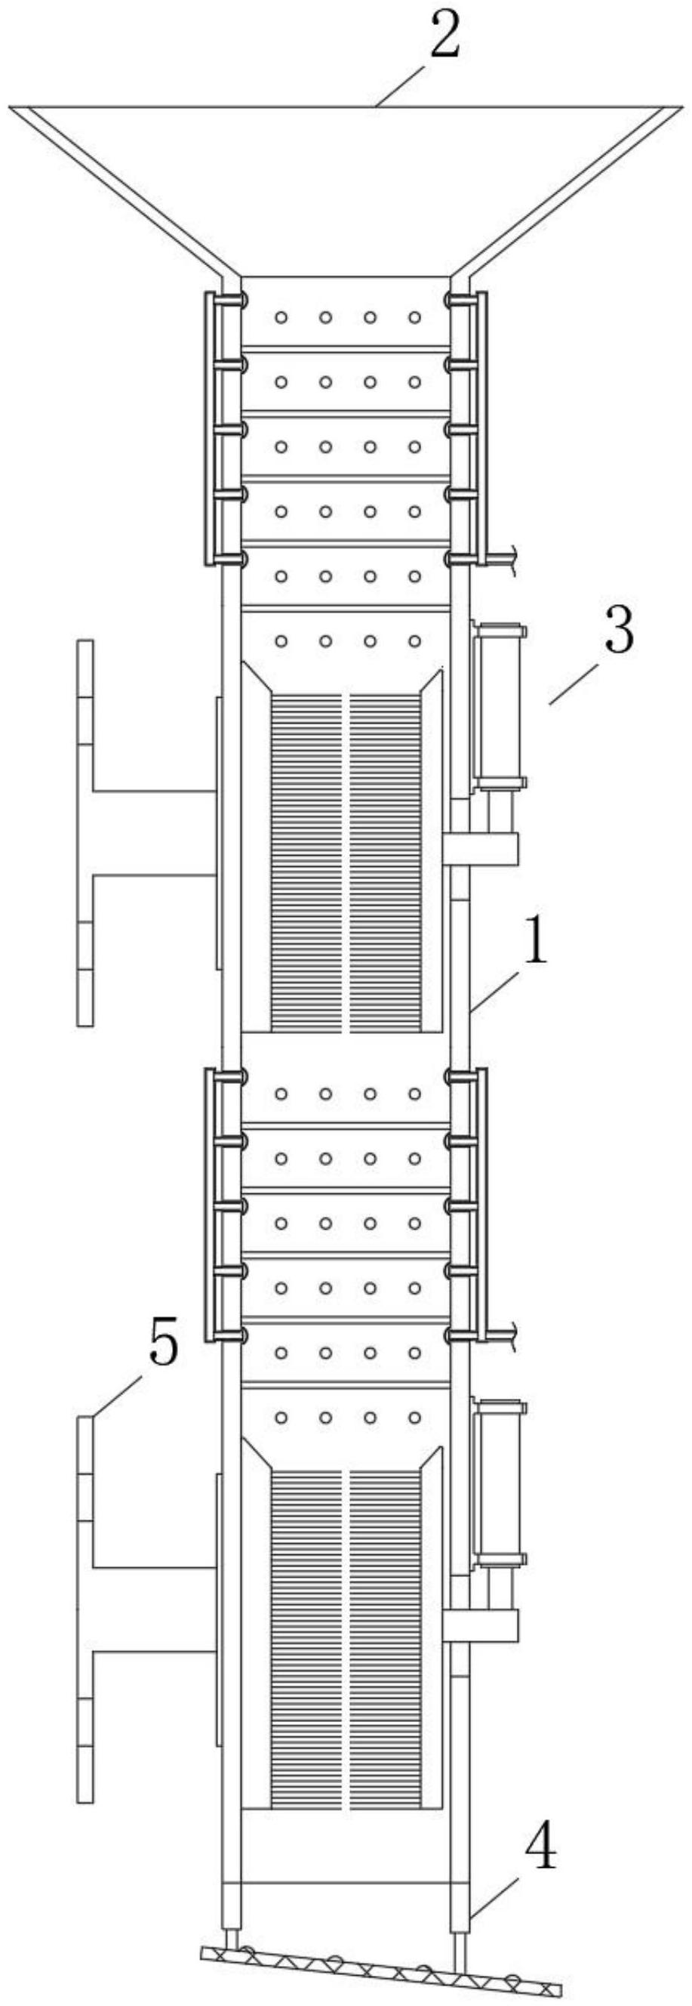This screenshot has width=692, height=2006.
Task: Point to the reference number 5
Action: point(163,1345)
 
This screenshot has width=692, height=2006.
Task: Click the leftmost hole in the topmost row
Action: point(281,318)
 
